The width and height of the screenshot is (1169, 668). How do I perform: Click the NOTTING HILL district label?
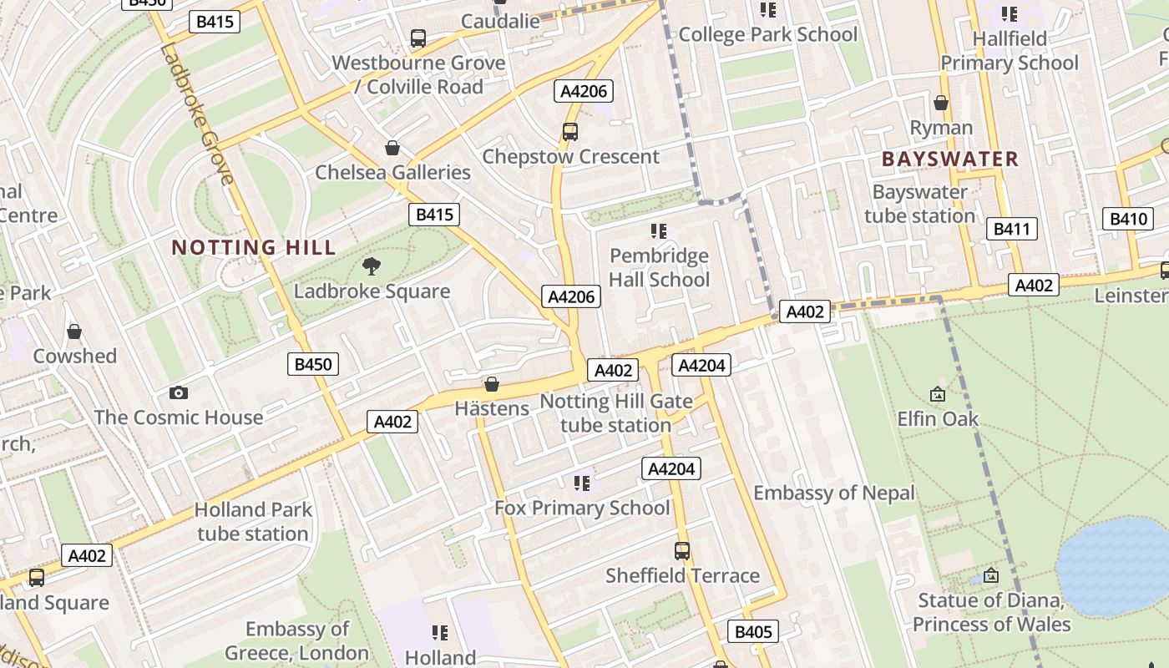(x=253, y=247)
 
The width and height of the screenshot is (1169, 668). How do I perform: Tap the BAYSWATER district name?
(x=950, y=159)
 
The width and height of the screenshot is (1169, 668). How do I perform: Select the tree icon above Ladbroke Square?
(x=372, y=266)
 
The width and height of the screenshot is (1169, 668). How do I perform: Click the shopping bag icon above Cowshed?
(x=74, y=331)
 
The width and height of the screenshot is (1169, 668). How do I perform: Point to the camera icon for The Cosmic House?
(x=178, y=392)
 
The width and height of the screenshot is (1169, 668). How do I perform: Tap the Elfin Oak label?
(x=938, y=417)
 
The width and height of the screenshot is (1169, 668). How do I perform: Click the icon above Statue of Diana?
(x=991, y=575)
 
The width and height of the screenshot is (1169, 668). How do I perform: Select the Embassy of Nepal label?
(x=834, y=493)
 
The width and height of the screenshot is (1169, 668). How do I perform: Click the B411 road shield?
(x=1011, y=229)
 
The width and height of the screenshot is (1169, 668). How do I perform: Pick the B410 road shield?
(x=1128, y=219)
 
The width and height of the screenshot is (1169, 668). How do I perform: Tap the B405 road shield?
(x=753, y=631)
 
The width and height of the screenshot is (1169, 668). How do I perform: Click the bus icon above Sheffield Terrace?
(x=682, y=551)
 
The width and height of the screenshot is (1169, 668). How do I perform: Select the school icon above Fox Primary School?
(x=582, y=483)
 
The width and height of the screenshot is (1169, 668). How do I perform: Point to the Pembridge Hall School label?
(x=659, y=267)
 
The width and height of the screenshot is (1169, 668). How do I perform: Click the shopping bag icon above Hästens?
(x=492, y=384)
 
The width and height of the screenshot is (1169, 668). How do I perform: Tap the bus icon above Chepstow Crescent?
(x=570, y=132)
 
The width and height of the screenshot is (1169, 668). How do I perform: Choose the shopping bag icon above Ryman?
(x=941, y=103)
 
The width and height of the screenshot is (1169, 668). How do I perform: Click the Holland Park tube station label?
(x=253, y=521)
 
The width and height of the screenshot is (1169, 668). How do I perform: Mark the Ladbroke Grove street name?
(x=197, y=114)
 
